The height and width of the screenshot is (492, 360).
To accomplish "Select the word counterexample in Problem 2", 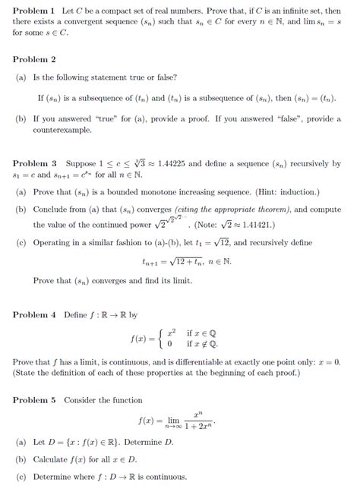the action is (x=63, y=131).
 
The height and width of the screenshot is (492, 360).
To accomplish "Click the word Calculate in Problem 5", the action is (x=52, y=459).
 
